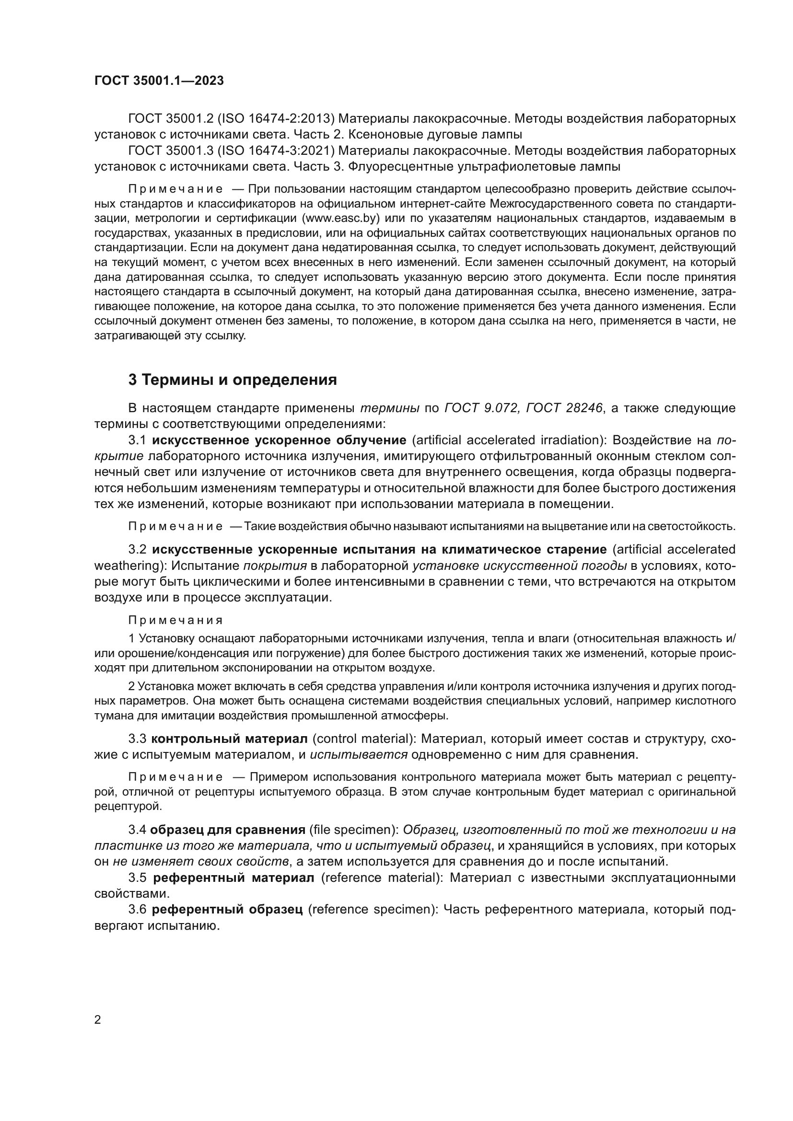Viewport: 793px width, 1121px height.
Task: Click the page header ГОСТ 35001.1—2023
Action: click(x=159, y=81)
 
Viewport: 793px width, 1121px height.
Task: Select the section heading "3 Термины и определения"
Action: click(x=233, y=380)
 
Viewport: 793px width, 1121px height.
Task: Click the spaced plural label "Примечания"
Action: click(x=175, y=621)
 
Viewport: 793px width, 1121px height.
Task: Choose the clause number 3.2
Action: click(x=137, y=550)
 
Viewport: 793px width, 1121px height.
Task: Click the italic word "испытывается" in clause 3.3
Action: click(x=359, y=768)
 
